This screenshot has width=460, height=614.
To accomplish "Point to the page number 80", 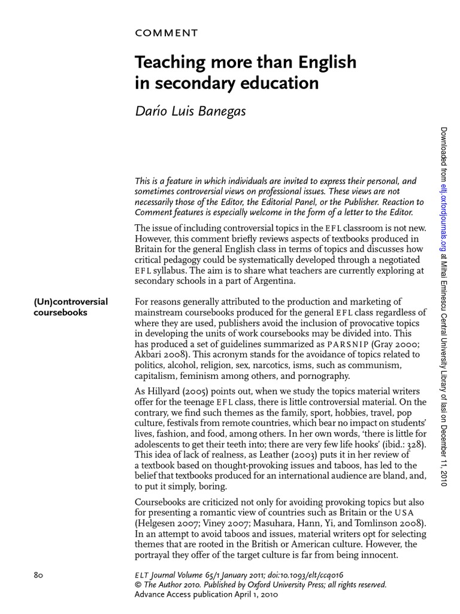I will (x=40, y=574).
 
